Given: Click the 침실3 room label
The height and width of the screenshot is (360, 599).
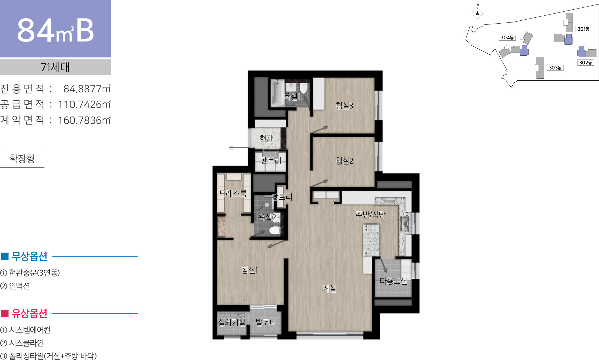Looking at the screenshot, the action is point(344,106).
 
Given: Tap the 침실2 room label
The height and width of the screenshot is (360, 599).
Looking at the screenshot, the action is point(344,161).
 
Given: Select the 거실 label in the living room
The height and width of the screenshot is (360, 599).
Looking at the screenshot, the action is point(329,288).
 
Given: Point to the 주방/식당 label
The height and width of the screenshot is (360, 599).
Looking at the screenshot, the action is point(370,215).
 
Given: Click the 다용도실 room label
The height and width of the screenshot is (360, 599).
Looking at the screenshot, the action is point(393,281).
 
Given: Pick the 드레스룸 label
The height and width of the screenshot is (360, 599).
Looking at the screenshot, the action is point(233,193).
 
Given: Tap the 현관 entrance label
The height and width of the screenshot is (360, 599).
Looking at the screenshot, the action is point(266,138).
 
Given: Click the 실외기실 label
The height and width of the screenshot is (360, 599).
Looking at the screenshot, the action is point(231,322).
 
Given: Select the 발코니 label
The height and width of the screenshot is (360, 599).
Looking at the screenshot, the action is point(266,322).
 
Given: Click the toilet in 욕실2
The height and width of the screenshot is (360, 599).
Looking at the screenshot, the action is point(275,230).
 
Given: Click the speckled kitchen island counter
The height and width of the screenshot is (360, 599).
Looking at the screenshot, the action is point(371,240).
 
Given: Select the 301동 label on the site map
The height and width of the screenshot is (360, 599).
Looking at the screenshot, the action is point(583,29).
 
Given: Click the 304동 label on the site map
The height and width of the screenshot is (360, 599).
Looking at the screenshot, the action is point(507,38).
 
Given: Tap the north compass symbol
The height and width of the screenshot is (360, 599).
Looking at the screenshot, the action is point(477,13).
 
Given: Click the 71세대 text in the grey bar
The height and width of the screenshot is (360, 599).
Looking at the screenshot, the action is point(55,67).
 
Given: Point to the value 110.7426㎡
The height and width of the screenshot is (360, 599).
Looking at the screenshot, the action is point(84,104).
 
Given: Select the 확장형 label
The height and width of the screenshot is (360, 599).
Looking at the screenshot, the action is point(22,159).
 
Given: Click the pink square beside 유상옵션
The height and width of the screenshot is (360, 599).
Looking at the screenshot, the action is point(5,313).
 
